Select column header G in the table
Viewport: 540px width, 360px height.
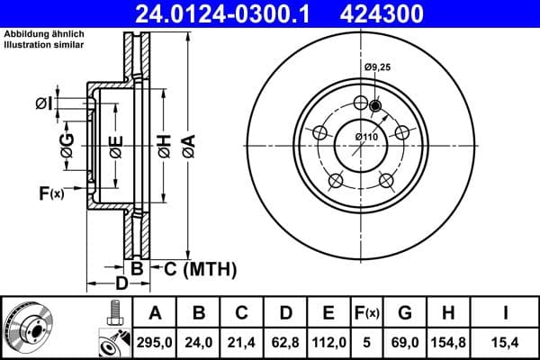click(x=405, y=313)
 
